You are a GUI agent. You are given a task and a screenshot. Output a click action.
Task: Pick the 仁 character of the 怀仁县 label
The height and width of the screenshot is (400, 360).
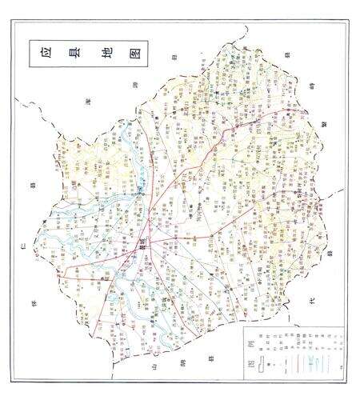[26, 236]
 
